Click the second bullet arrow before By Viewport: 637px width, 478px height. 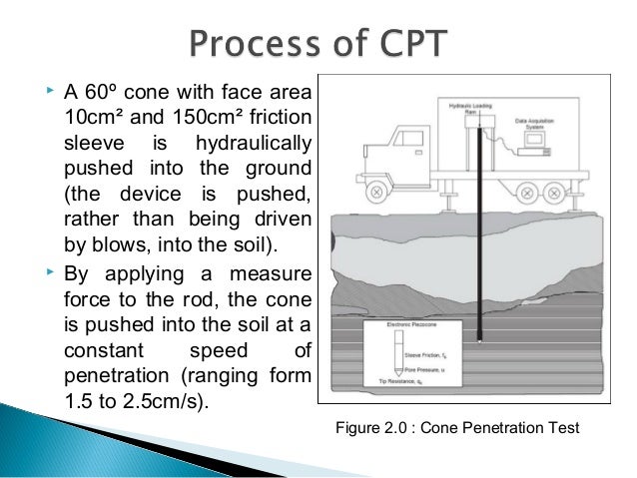tap(50, 270)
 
